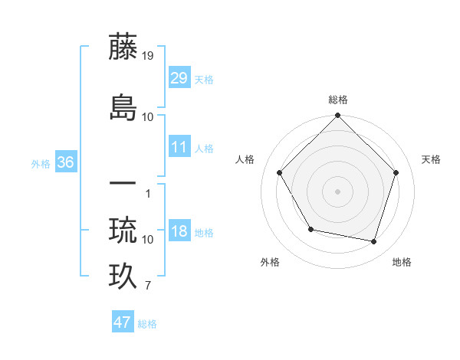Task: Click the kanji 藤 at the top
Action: [x=123, y=47]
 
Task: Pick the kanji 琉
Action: [x=123, y=229]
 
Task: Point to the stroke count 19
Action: [x=149, y=56]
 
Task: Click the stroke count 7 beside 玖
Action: [x=148, y=286]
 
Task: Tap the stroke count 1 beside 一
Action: [x=148, y=193]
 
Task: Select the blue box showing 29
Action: [x=179, y=78]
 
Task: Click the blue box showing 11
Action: [x=179, y=147]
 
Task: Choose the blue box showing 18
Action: [x=179, y=231]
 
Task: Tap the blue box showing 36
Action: [x=65, y=162]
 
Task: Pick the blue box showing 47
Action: [x=123, y=322]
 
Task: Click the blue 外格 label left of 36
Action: [x=41, y=164]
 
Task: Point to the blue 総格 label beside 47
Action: [x=147, y=324]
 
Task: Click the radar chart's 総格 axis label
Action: [x=337, y=100]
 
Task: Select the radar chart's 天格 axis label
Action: [x=431, y=159]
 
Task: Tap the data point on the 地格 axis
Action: [x=373, y=242]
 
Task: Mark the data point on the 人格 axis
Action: [x=279, y=173]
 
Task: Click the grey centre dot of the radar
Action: [x=337, y=191]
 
